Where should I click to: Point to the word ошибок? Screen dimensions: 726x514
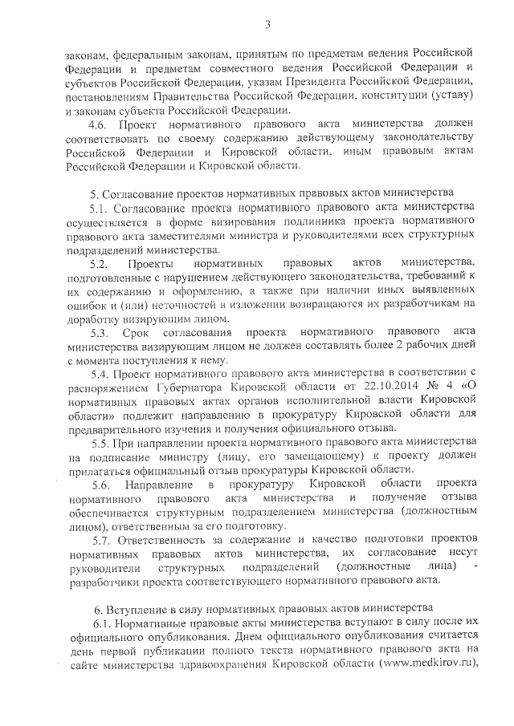(85, 305)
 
